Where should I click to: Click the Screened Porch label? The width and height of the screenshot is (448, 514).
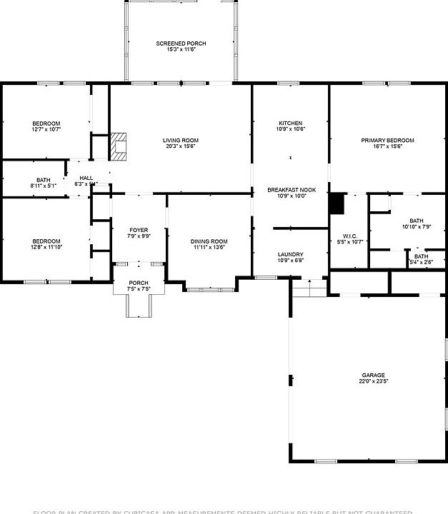181,44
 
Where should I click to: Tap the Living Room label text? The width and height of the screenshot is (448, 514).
181,141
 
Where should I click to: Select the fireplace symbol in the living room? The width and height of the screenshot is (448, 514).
119,146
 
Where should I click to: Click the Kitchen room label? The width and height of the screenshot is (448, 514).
290,124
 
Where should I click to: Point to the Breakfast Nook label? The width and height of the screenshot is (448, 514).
291,190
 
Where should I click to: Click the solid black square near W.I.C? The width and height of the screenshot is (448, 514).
337,203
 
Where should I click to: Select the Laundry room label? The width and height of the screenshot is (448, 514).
290,254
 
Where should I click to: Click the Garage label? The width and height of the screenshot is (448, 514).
373,376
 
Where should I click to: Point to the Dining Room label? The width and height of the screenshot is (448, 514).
209,241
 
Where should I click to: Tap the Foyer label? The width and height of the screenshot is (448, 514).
139,231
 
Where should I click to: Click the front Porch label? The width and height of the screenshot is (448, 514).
138,283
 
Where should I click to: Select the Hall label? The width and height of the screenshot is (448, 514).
86,178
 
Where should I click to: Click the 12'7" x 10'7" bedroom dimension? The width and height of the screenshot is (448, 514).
46,129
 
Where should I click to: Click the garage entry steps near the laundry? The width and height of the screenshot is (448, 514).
309,288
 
